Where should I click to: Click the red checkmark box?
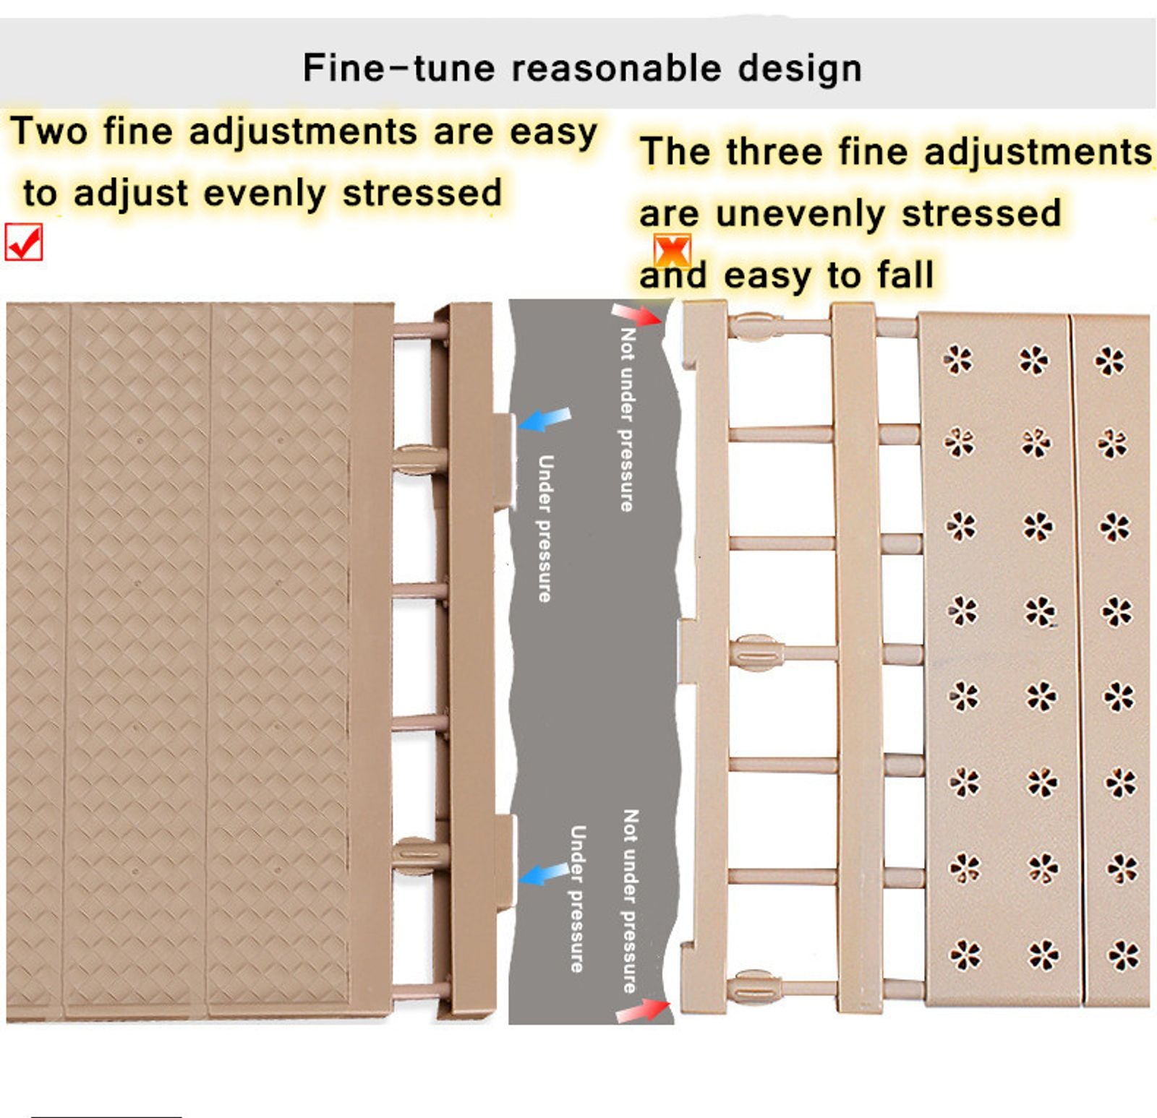(24, 241)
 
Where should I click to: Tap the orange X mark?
(672, 250)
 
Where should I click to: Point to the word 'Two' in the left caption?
(49, 132)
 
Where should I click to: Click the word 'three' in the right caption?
(774, 152)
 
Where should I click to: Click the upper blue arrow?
(546, 419)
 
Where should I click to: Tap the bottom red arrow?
(643, 1010)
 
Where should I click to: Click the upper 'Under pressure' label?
(546, 528)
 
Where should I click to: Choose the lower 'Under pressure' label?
(577, 899)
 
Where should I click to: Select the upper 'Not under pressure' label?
(627, 420)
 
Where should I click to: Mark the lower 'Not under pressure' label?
(631, 900)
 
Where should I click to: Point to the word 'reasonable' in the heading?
(617, 69)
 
